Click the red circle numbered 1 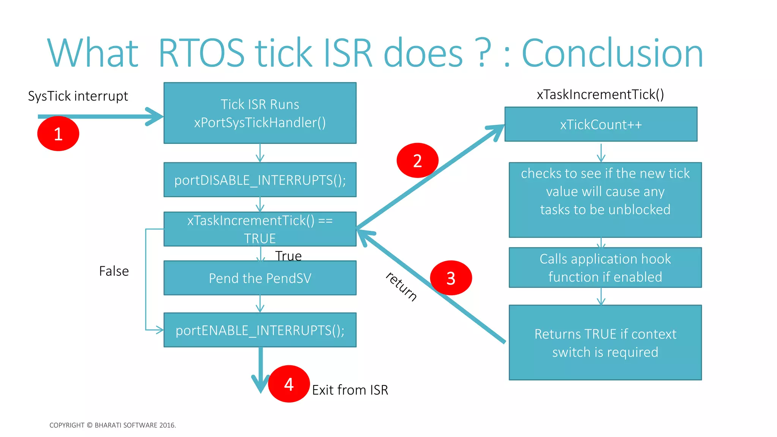pos(58,134)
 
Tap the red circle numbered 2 pos(417,160)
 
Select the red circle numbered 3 pos(451,278)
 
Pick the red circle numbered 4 pos(289,384)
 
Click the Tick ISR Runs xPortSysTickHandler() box pos(260,113)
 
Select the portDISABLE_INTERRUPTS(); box pos(260,180)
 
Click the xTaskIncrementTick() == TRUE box pos(260,229)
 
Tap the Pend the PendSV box pos(260,278)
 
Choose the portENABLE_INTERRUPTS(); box pos(260,330)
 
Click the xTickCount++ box pos(601,124)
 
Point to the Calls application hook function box pos(605,268)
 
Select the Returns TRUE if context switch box pos(605,343)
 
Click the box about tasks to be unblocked pos(605,200)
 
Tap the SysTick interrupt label pos(78,96)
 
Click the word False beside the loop pos(114,271)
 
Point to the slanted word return pos(401,286)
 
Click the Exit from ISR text pos(350,390)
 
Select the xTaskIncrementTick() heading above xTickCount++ pos(600,94)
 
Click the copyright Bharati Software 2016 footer pos(113,425)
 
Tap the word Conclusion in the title pos(612,53)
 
